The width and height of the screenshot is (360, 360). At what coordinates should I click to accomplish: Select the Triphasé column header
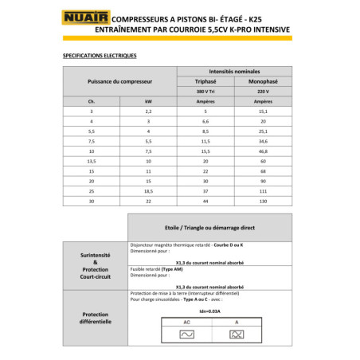click(x=205, y=81)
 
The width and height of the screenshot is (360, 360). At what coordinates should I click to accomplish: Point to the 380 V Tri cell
click(x=205, y=92)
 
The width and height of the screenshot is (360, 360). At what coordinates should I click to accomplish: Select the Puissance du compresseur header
click(x=119, y=81)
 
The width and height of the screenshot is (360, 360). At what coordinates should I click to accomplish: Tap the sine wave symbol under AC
click(x=186, y=335)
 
